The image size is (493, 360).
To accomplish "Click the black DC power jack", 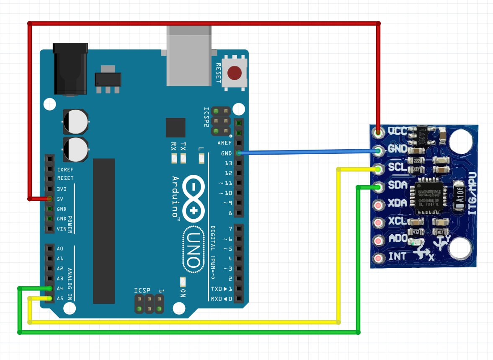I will (70, 69).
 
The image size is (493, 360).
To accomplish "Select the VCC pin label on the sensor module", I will (397, 131).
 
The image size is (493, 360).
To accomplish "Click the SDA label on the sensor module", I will (397, 185).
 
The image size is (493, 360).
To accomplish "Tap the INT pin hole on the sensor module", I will (379, 258).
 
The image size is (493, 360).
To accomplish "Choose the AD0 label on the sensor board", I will (397, 239).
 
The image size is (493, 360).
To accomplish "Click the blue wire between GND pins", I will (308, 152).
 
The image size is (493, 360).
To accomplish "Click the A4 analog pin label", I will (60, 288).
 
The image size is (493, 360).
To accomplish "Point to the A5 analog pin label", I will (60, 298).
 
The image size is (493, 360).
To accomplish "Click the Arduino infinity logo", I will (193, 197).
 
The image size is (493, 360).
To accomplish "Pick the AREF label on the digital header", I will (225, 143).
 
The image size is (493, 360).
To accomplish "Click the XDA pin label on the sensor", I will (397, 203).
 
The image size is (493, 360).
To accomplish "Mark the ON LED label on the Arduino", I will (183, 293).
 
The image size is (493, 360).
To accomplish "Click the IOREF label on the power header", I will (65, 170).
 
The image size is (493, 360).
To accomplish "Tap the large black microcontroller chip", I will (104, 231).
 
